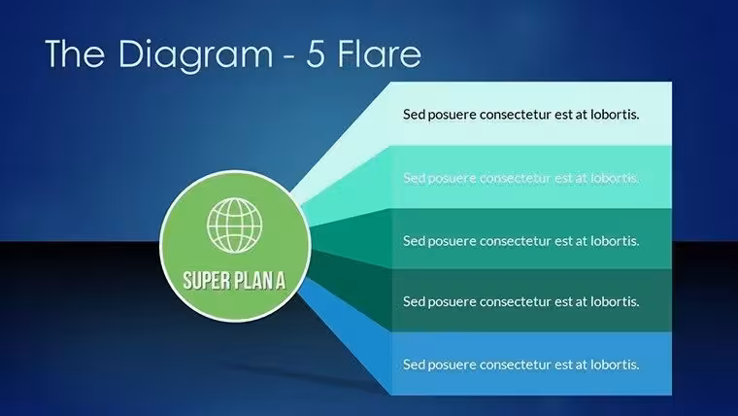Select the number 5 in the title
pos(316,53)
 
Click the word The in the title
pos(75,53)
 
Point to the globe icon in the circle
pos(234,225)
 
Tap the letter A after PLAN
pos(281,280)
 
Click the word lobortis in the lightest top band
pos(615,114)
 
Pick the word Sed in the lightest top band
pos(415,114)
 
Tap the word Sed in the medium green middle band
pos(415,241)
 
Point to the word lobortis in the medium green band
pos(615,241)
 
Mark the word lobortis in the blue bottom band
pos(615,364)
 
